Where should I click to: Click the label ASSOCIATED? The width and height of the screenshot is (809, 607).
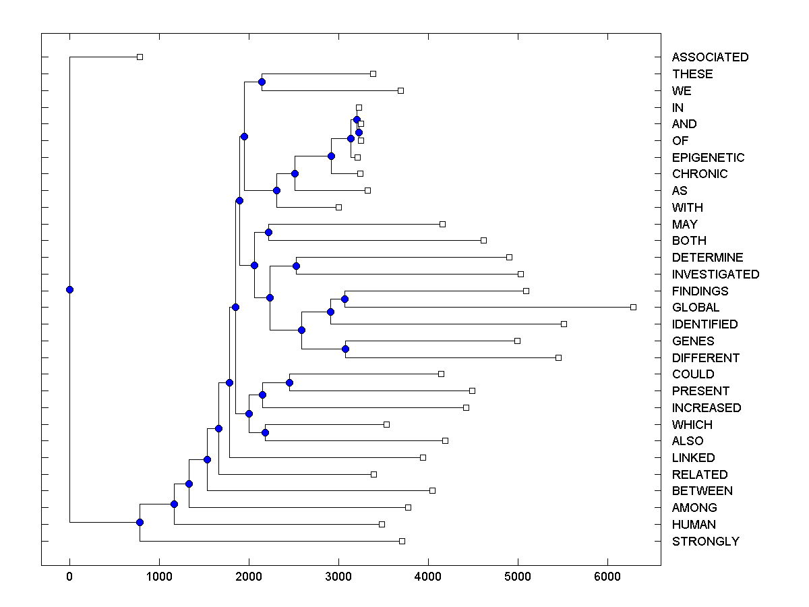[710, 57]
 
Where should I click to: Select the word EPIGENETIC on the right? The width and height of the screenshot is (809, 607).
[708, 158]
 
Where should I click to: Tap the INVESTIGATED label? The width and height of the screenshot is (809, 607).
[715, 274]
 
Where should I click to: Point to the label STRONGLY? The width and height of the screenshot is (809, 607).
[705, 542]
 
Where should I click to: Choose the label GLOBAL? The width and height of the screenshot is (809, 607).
[696, 308]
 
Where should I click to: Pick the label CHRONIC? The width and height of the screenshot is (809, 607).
[700, 174]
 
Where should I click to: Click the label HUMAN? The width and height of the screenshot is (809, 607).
[694, 525]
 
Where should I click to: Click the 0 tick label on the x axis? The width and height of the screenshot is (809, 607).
[69, 577]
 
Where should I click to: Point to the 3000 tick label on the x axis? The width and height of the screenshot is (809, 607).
[338, 577]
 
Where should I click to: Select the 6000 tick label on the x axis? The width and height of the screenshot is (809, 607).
[607, 577]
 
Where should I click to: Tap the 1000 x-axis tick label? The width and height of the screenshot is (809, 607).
[159, 577]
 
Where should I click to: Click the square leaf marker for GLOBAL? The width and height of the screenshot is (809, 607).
[633, 307]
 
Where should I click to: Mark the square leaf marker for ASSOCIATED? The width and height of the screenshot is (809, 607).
[140, 57]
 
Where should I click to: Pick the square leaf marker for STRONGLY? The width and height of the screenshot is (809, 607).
[402, 541]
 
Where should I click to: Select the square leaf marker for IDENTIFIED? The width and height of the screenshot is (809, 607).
[564, 324]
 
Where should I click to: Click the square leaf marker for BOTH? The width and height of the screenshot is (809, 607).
[483, 240]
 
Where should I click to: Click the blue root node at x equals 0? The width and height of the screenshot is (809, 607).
[69, 290]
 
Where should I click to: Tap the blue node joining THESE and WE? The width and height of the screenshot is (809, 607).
[262, 82]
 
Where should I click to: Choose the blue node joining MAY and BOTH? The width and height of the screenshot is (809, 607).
[268, 232]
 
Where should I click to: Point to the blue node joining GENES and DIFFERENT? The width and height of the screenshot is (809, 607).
[345, 349]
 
